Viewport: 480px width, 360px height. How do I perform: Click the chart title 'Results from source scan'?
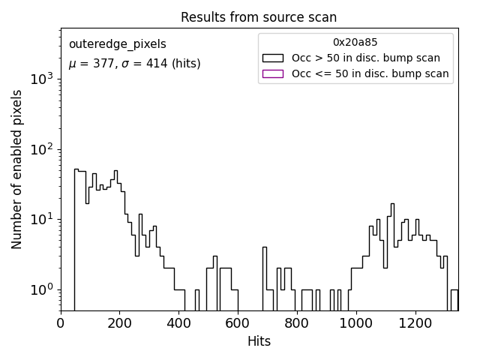[x=259, y=17]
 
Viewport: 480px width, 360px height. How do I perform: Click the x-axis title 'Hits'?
[x=259, y=341]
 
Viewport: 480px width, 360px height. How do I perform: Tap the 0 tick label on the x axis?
[x=61, y=323]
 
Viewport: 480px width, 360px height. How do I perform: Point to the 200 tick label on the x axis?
[x=120, y=323]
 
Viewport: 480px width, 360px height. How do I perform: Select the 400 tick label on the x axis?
[x=178, y=323]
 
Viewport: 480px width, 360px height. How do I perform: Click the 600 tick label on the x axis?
[x=238, y=323]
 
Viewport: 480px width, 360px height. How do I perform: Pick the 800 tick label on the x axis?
[x=296, y=323]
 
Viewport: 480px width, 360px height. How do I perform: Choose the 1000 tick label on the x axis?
[x=355, y=323]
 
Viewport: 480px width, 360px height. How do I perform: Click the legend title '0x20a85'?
[x=355, y=42]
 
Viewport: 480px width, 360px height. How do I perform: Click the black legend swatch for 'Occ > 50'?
[x=272, y=58]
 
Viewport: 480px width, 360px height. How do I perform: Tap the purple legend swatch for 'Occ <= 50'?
[x=272, y=73]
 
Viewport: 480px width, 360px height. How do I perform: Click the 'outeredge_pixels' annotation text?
[x=117, y=44]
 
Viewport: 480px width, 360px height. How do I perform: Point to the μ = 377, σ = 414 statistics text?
[x=134, y=64]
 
